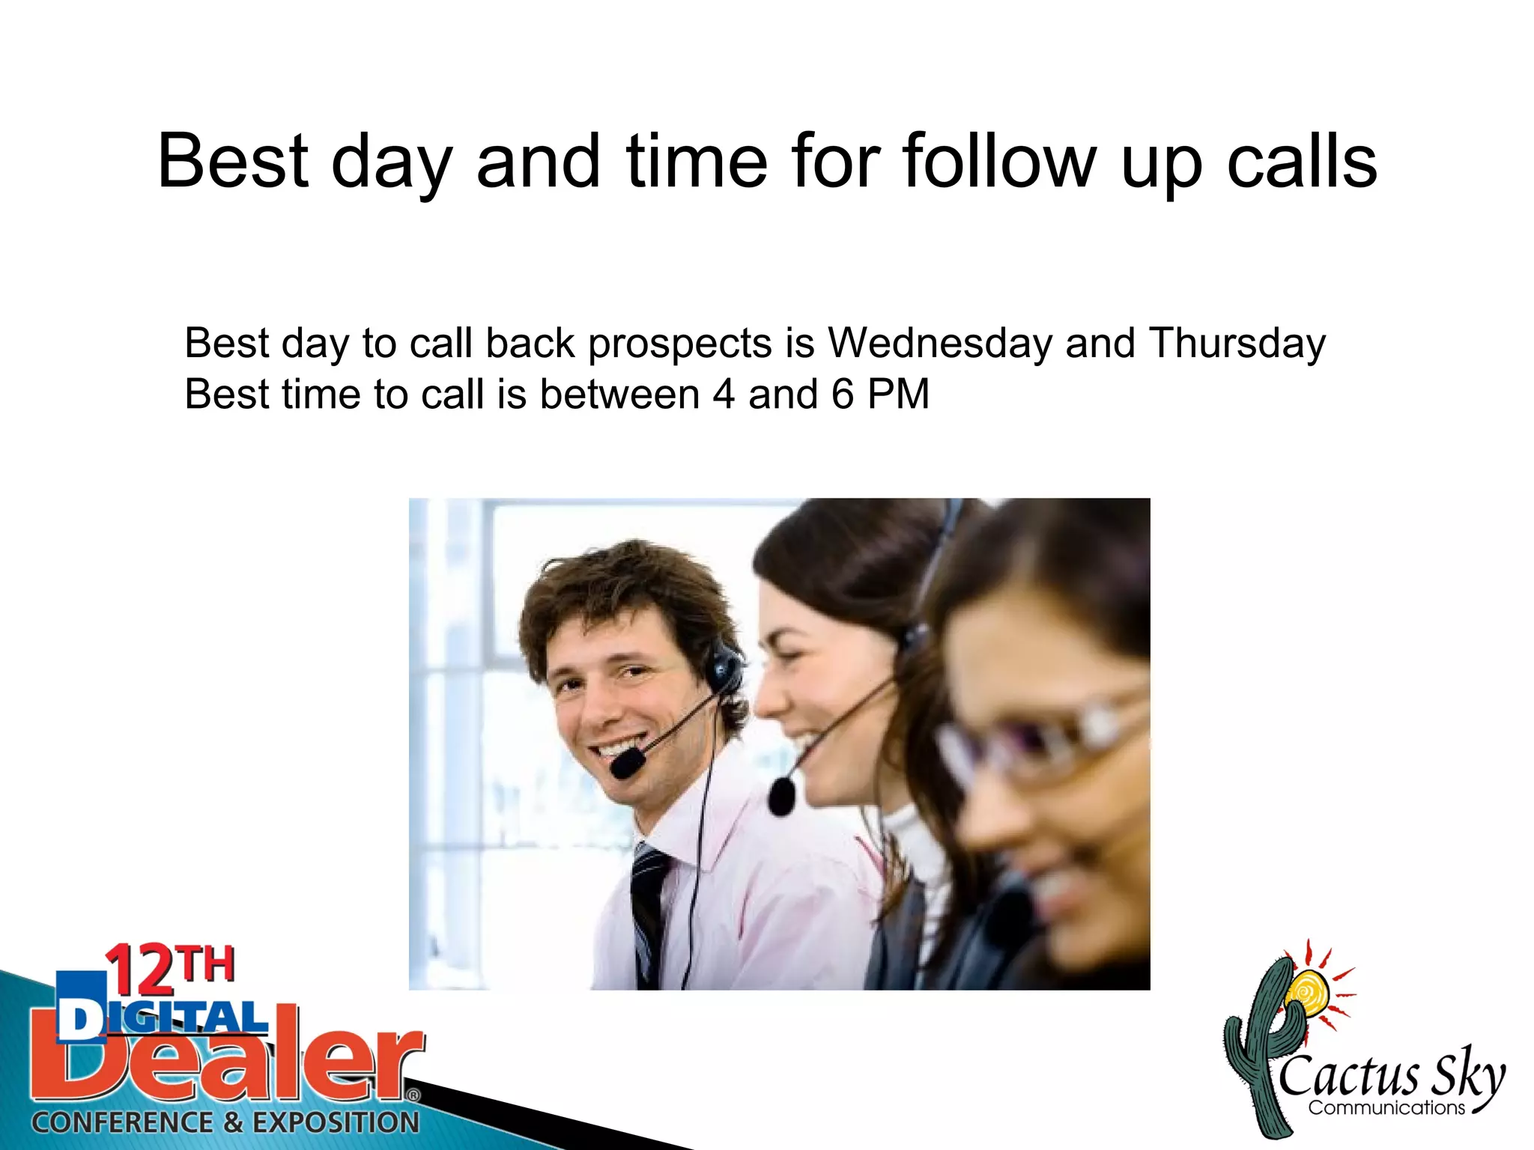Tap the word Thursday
point(1237,343)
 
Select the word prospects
point(679,344)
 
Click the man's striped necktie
point(649,913)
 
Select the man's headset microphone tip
point(626,764)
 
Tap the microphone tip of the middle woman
point(781,796)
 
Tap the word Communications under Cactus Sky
point(1386,1108)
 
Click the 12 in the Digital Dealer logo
point(142,971)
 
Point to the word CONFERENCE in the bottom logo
point(122,1122)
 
